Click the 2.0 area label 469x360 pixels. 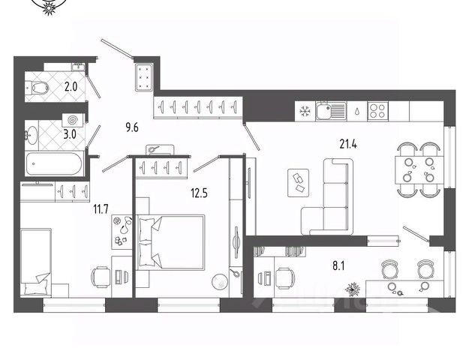pos(71,87)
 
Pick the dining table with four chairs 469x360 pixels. pos(417,169)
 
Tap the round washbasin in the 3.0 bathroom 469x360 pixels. pos(32,135)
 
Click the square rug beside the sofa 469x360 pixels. pos(298,181)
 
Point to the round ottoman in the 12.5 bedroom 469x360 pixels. pos(219,283)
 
